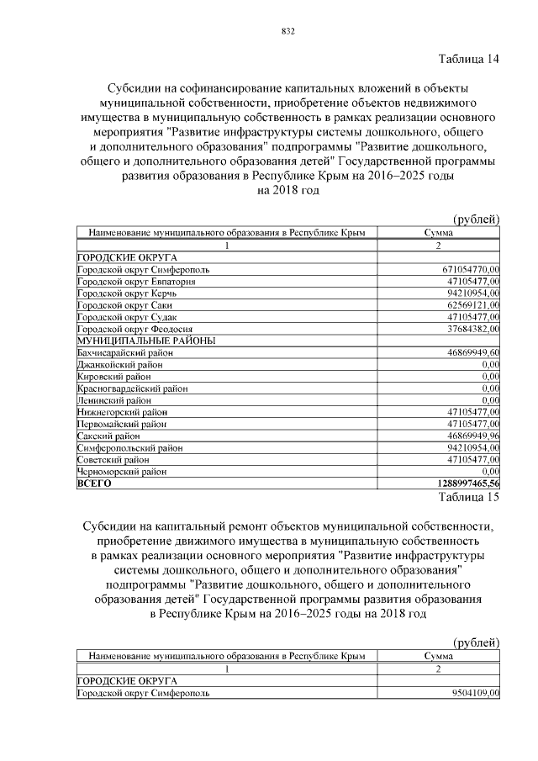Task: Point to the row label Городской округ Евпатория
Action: (135, 282)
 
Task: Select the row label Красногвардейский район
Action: (132, 388)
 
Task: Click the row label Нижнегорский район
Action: (122, 412)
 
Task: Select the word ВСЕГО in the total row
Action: (93, 484)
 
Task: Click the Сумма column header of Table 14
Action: (439, 233)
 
